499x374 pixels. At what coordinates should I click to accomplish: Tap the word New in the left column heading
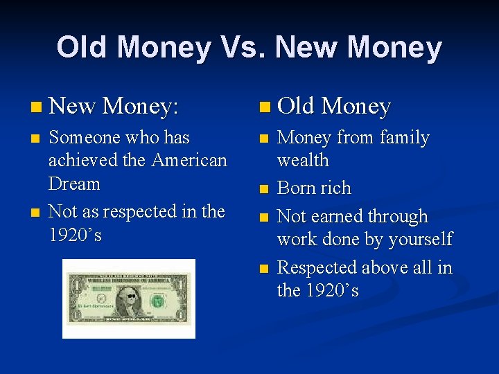tap(73, 106)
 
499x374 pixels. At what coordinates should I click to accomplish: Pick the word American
tap(189, 161)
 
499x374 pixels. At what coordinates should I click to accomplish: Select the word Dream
tap(74, 184)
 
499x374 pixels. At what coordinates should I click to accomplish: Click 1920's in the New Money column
tap(75, 235)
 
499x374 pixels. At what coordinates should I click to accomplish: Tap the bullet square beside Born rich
tap(263, 188)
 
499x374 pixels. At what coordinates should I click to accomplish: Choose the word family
tap(403, 138)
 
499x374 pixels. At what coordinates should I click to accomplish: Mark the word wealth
tap(303, 161)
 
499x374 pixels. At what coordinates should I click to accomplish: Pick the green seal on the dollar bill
tap(159, 301)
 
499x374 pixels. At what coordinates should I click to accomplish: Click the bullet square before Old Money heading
tap(263, 107)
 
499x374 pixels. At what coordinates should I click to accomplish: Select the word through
tap(399, 217)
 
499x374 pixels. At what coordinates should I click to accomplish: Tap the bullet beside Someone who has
tap(35, 139)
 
